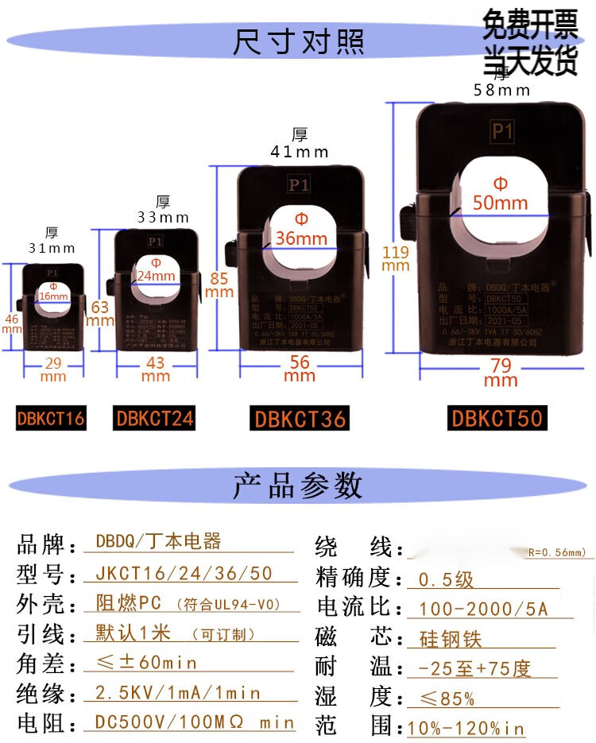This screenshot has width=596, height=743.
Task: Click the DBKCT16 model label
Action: click(x=51, y=417)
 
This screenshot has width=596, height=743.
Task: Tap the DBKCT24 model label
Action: click(x=155, y=417)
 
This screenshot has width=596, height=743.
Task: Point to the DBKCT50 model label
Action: click(x=497, y=418)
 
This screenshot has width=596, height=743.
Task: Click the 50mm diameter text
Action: click(x=500, y=203)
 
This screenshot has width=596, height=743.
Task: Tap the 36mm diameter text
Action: click(x=301, y=238)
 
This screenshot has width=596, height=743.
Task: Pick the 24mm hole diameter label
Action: click(x=156, y=276)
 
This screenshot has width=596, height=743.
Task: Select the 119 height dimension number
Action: click(x=395, y=253)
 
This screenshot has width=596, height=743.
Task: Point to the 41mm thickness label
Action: click(x=300, y=151)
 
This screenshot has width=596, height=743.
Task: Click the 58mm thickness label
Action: click(x=501, y=90)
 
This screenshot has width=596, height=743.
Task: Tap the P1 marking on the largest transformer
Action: click(x=502, y=132)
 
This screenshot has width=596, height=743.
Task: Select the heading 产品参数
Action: click(x=298, y=484)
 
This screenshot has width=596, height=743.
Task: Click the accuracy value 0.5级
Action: click(x=446, y=579)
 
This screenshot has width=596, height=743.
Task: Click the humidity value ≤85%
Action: click(x=447, y=698)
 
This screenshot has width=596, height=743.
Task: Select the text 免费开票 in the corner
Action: click(x=530, y=29)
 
